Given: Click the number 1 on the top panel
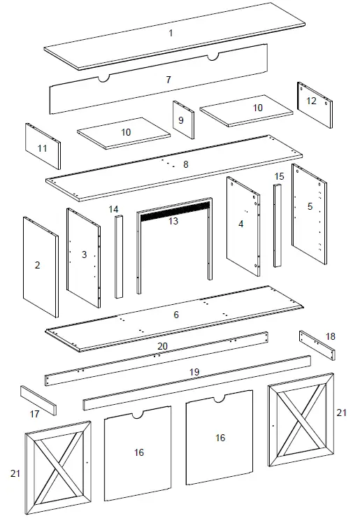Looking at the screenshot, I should pos(171,33).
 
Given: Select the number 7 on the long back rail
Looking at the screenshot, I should pos(168,80).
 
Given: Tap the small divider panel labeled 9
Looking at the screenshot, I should pos(182,120).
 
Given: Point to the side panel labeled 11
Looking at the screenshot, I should pos(43,148).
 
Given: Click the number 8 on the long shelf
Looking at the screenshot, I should pos(185,164).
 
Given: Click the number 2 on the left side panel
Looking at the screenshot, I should pos(38,265).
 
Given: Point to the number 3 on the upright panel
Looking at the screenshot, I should pos(85,255).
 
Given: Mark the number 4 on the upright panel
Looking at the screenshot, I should pos(240,224).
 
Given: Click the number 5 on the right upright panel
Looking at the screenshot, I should pos(310,207).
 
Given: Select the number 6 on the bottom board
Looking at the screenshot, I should pos(176,315).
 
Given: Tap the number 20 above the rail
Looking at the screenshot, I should pos(162,345).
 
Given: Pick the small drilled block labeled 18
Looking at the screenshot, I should pos(317,343).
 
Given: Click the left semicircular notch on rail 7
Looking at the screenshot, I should pos(103,78).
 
